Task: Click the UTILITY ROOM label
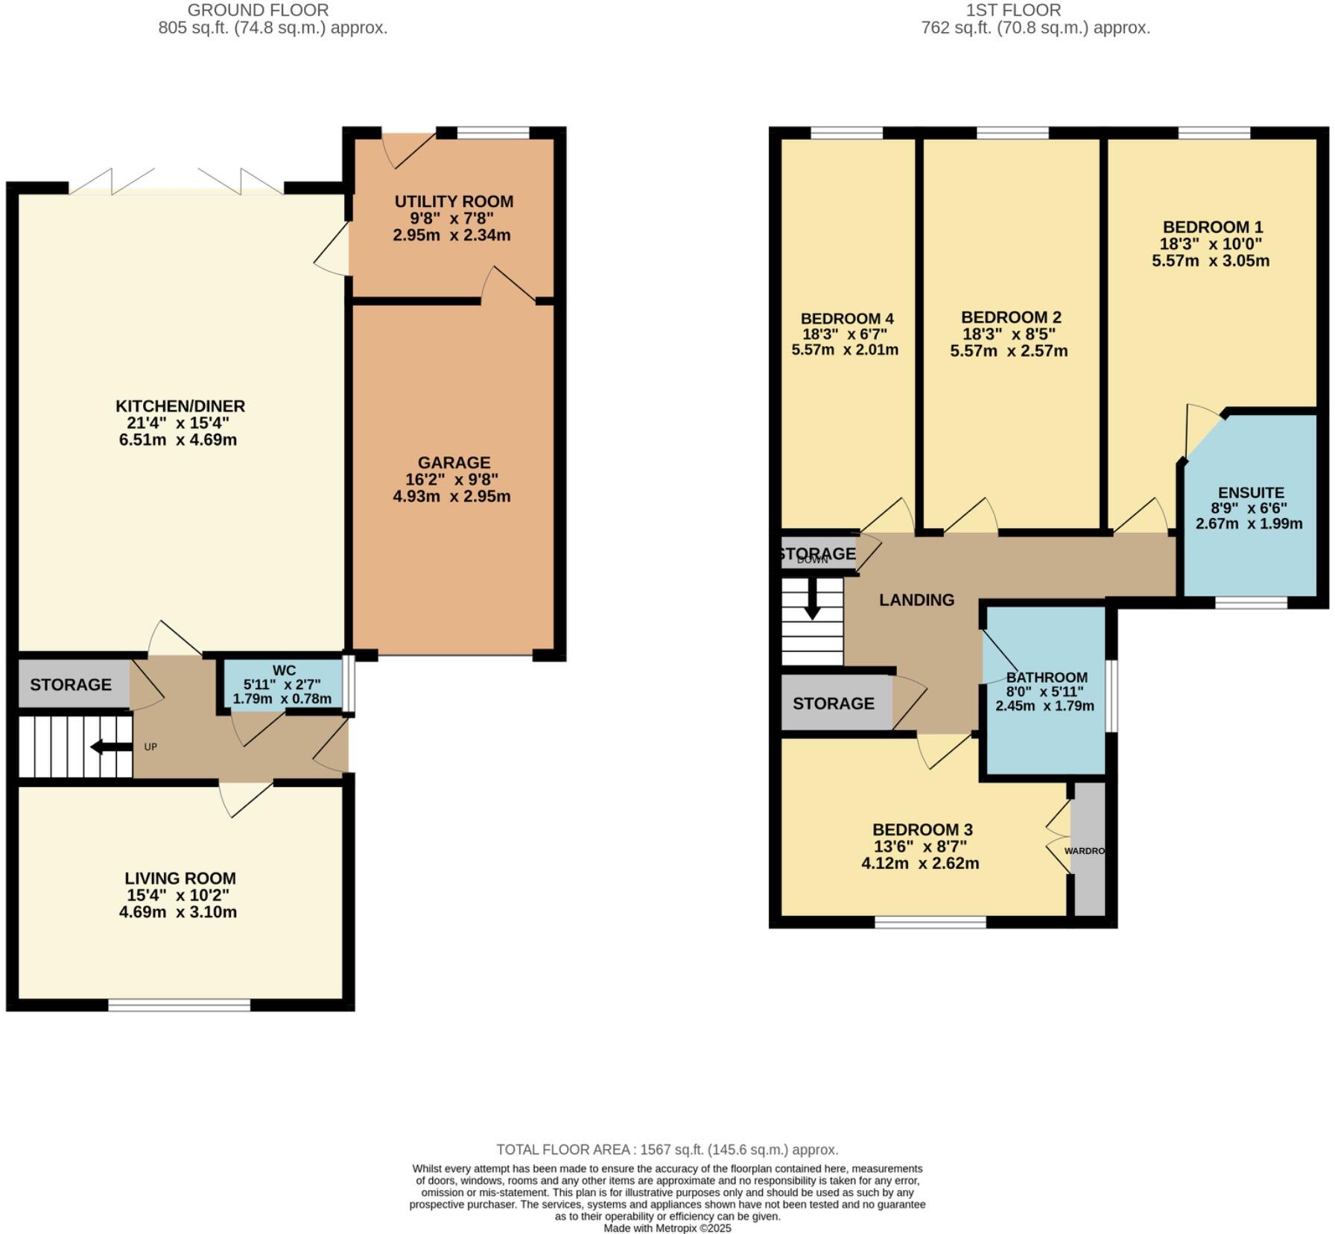[454, 201]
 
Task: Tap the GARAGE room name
[454, 462]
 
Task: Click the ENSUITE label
[1251, 493]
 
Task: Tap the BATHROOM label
[1047, 677]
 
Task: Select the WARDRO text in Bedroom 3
[1084, 850]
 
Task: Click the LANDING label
[916, 600]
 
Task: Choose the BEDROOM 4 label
[847, 318]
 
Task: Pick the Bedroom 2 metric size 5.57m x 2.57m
[1009, 351]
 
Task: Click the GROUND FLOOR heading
[258, 10]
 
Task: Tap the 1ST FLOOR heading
[1013, 10]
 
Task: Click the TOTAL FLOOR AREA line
[667, 1149]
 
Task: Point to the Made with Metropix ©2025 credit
[667, 1228]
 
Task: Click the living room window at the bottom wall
[180, 1005]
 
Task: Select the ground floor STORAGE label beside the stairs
[71, 684]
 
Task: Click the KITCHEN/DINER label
[180, 406]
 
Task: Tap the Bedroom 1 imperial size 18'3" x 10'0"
[1211, 244]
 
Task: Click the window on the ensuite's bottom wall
[1251, 602]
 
